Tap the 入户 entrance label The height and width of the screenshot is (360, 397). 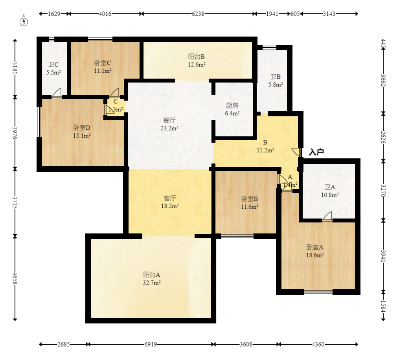point(316,152)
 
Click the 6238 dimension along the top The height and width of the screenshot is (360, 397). point(198,14)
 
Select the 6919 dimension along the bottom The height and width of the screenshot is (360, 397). point(151,344)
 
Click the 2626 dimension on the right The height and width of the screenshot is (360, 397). point(383,137)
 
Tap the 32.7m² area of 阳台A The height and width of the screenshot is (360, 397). point(152,283)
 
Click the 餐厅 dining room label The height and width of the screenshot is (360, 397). point(169,120)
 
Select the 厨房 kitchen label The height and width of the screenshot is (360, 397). point(232,105)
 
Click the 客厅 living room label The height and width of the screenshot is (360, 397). point(170,198)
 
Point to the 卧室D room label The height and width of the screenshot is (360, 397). point(82,128)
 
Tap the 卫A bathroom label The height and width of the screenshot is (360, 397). point(330,187)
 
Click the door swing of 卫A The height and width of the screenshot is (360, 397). point(328,216)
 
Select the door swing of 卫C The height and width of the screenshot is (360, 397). point(57,92)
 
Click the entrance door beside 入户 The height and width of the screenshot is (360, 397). point(296,152)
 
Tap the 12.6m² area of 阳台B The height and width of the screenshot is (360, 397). point(197,64)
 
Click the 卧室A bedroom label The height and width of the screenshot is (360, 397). point(315,247)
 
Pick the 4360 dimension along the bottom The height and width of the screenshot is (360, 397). point(318,344)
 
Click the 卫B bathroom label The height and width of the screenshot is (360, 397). point(276,77)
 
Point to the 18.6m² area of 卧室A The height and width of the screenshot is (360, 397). point(315,255)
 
